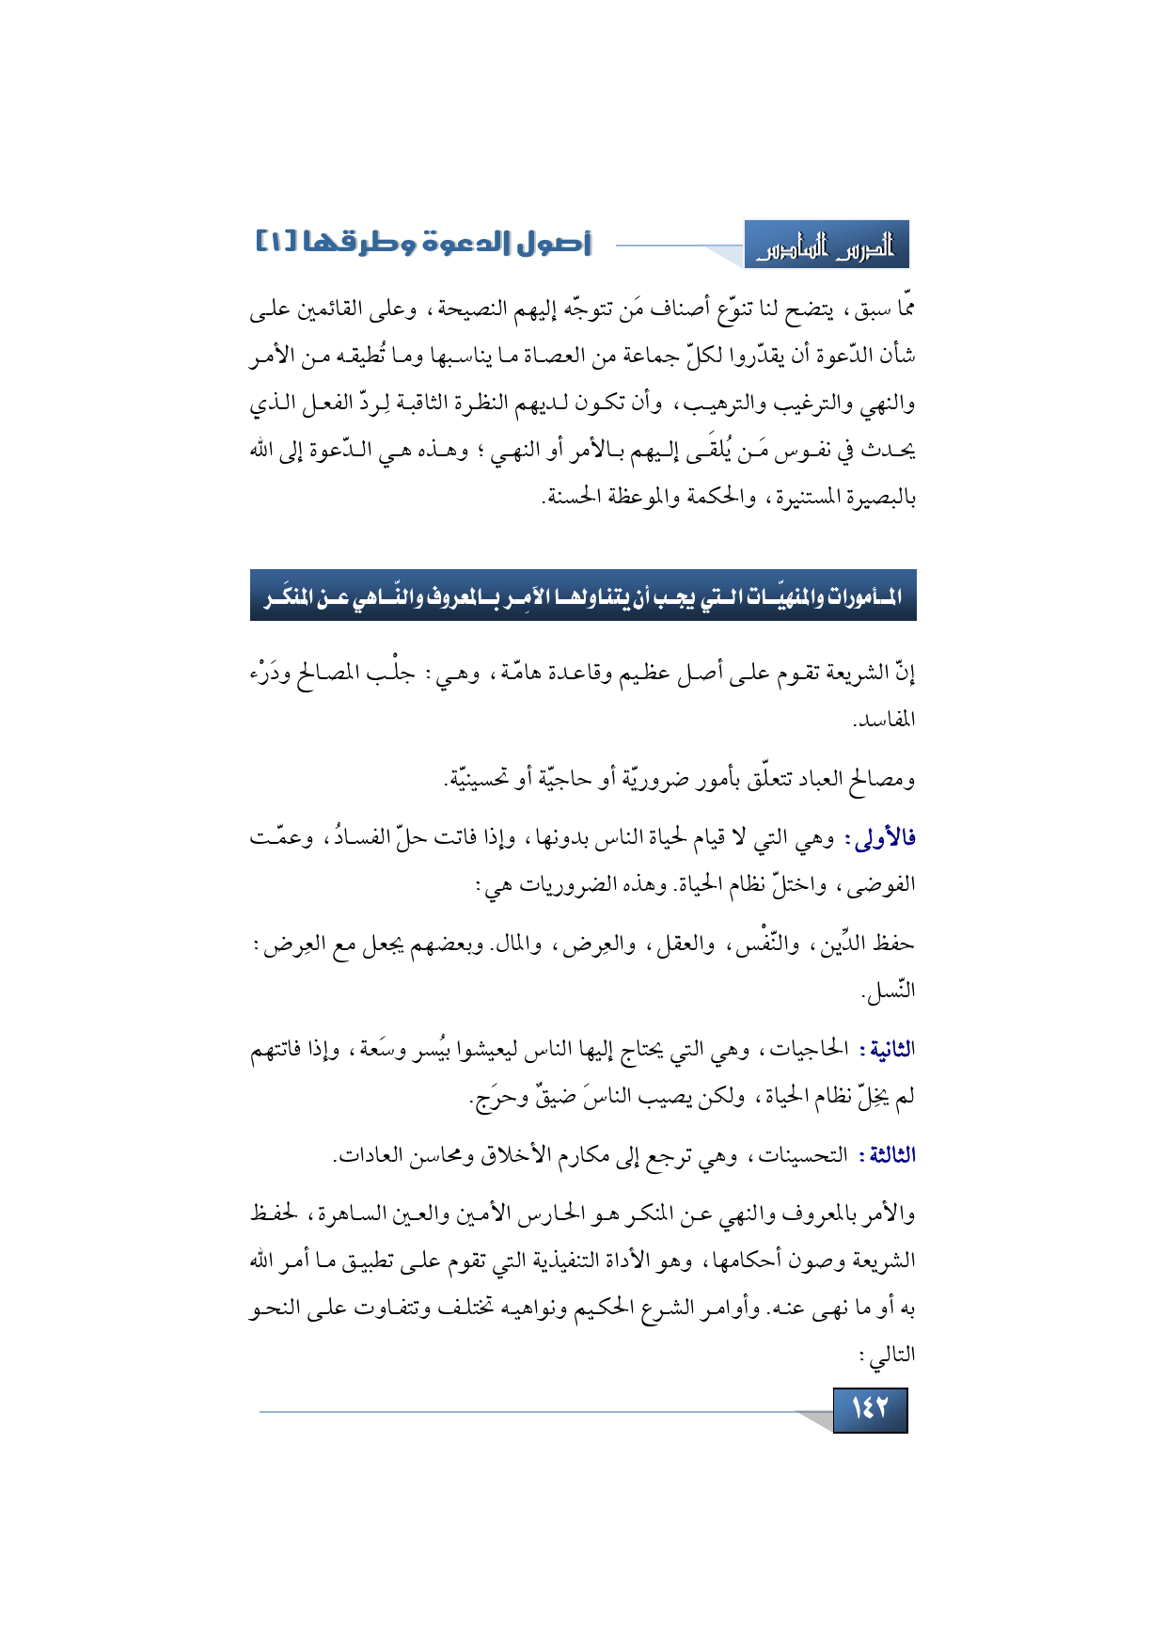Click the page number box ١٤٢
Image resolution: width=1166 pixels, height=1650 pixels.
pyautogui.click(x=870, y=1409)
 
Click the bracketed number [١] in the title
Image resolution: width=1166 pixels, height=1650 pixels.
pyautogui.click(x=276, y=243)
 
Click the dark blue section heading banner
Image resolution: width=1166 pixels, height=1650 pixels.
pyautogui.click(x=583, y=595)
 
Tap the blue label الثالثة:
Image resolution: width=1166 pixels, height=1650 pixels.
pyautogui.click(x=887, y=1155)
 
